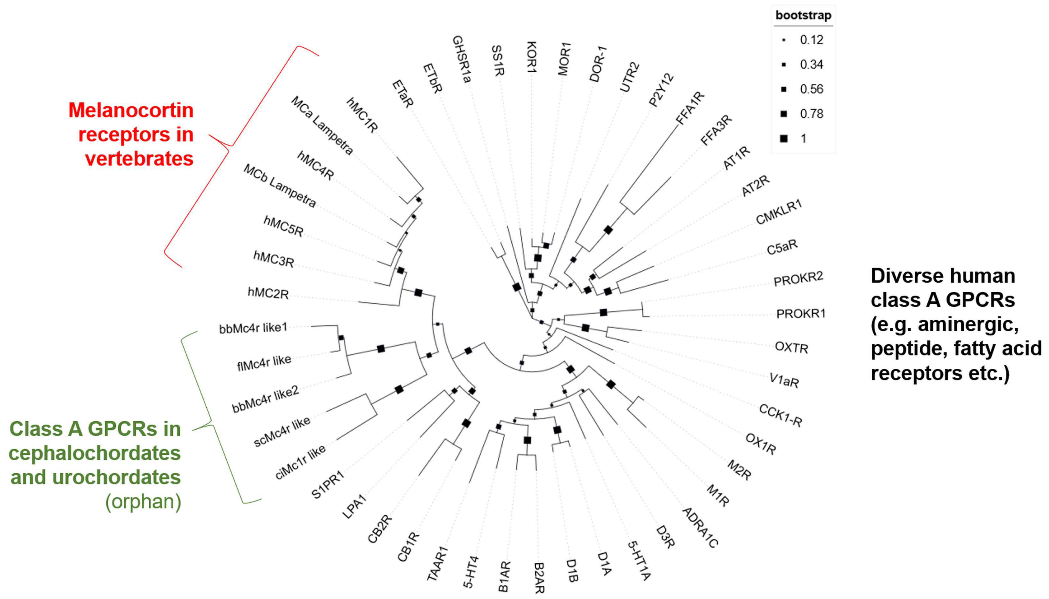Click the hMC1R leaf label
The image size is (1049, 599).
[362, 115]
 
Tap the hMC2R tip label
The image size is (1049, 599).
[268, 293]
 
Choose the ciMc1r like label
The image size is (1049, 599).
[300, 462]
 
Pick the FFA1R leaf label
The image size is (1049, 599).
[690, 107]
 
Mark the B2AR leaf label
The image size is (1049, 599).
[539, 578]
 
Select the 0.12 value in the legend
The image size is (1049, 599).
[811, 40]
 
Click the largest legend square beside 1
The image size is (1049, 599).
[783, 139]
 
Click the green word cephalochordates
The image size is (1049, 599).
[95, 453]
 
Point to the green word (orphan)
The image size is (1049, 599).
[143, 502]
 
